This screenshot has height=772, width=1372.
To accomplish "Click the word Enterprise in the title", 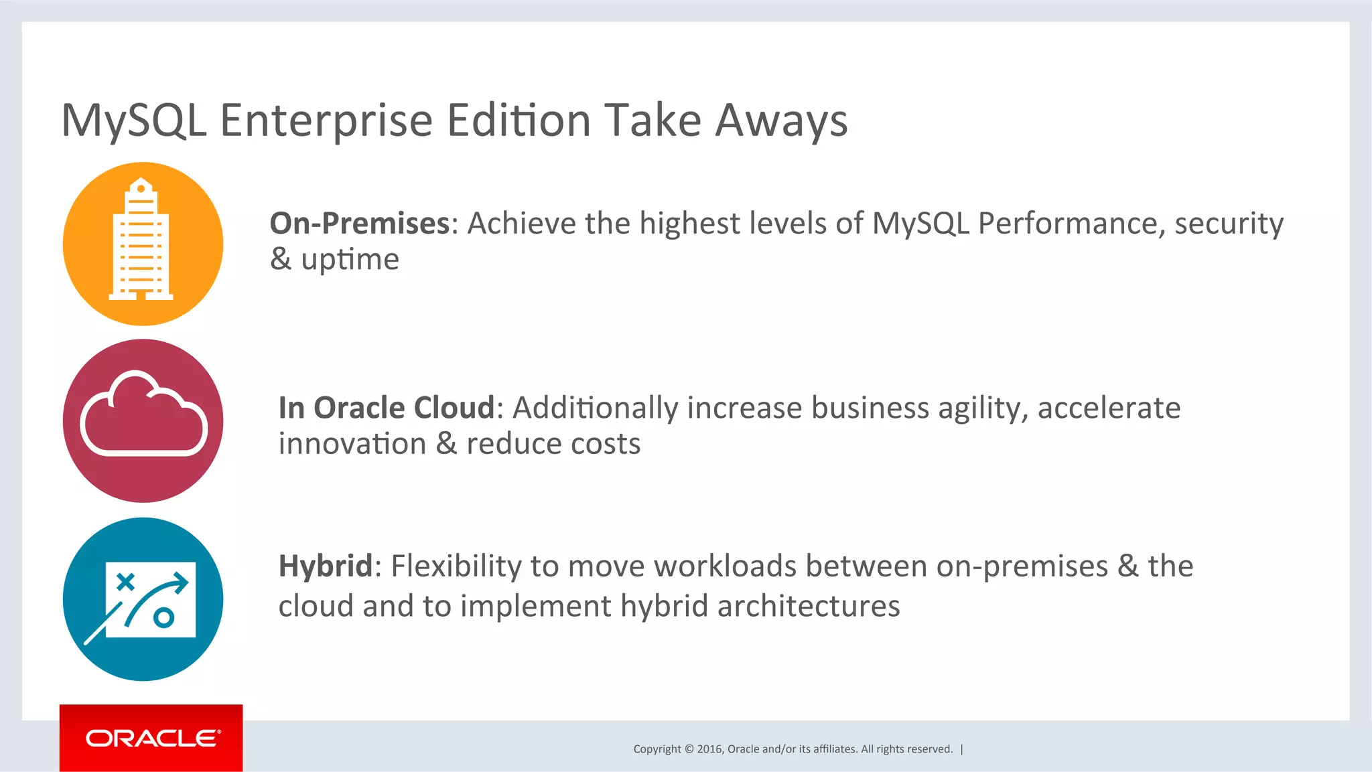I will pos(326,121).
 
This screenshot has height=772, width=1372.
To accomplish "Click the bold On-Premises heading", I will pos(360,224).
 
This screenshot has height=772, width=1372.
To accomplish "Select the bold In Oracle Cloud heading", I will pos(387,408).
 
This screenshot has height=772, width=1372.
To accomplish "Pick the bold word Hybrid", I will pos(325,566).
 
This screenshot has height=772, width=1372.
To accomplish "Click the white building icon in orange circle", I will pos(141,241).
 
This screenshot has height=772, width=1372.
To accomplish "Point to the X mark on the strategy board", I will pos(125,581).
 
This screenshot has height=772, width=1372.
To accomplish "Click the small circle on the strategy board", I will pos(163,617).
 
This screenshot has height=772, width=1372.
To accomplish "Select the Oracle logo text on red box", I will pos(152,739).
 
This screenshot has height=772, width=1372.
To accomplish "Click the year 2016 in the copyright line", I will pos(709,749).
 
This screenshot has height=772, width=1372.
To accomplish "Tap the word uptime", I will pos(350,260).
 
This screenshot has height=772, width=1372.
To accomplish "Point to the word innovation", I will pos(352,444).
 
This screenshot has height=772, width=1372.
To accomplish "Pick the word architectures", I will pos(809,607).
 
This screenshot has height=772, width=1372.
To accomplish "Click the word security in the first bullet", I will pos(1229,224).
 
